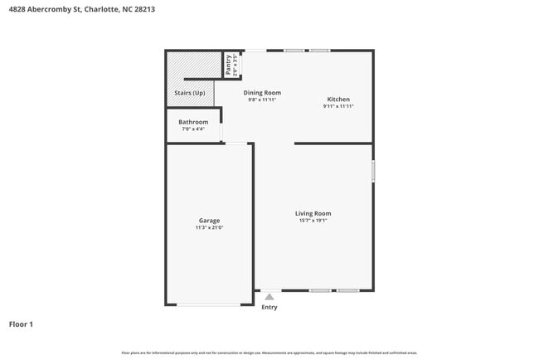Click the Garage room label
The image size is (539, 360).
click(209, 221)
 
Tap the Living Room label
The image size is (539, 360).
click(313, 213)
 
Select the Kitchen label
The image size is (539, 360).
click(338, 100)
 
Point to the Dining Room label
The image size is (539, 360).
click(262, 93)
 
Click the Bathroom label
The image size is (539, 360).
click(193, 122)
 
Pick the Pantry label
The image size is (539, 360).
click(229, 65)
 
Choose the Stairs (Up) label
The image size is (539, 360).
click(190, 93)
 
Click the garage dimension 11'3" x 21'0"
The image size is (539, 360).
click(209, 227)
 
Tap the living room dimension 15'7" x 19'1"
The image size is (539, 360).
click(313, 221)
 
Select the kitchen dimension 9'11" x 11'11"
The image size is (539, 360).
click(338, 106)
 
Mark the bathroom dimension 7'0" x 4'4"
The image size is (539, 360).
click(193, 129)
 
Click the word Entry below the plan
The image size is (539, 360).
click(269, 307)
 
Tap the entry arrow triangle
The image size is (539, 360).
click(269, 295)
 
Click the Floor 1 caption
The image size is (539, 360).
click(22, 324)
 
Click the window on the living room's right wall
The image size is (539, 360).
click(373, 172)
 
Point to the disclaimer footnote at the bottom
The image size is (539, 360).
click(269, 353)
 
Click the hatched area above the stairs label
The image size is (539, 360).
click(190, 68)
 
